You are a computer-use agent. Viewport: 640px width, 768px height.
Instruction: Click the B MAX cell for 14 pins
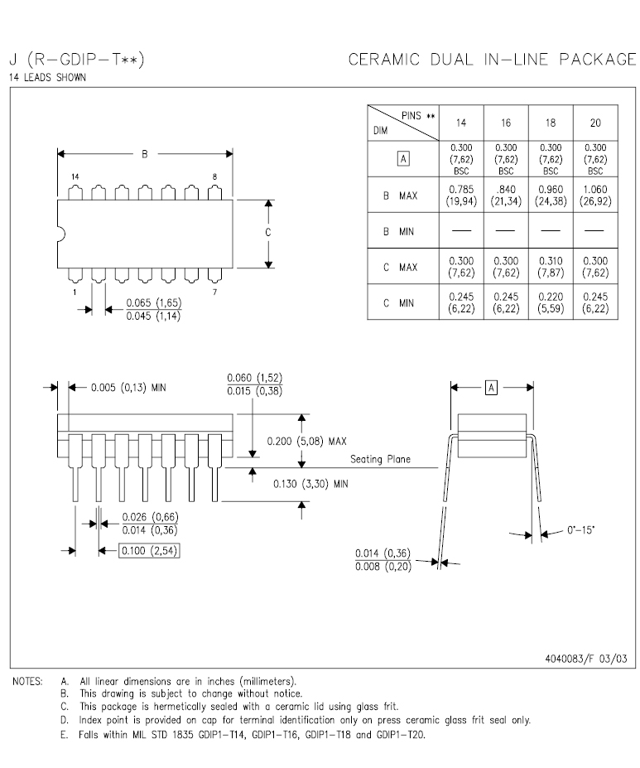pos(461,196)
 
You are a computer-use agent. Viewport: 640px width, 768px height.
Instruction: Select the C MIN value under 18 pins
pos(551,302)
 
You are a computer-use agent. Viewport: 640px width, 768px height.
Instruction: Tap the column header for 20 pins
pos(595,123)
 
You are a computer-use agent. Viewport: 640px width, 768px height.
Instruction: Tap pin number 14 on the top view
pos(75,177)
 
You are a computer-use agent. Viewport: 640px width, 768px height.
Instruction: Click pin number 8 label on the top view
pos(215,177)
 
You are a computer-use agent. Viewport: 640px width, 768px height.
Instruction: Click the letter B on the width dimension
pos(145,153)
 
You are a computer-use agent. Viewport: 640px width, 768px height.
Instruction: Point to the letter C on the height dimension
pos(268,233)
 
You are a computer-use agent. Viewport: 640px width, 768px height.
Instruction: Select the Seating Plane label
pos(380,459)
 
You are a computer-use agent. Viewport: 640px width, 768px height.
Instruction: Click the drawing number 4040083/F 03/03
pos(586,659)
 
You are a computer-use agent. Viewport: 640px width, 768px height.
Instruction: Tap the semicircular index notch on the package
pos(60,233)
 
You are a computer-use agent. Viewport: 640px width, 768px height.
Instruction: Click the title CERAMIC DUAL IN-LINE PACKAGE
pos(492,60)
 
